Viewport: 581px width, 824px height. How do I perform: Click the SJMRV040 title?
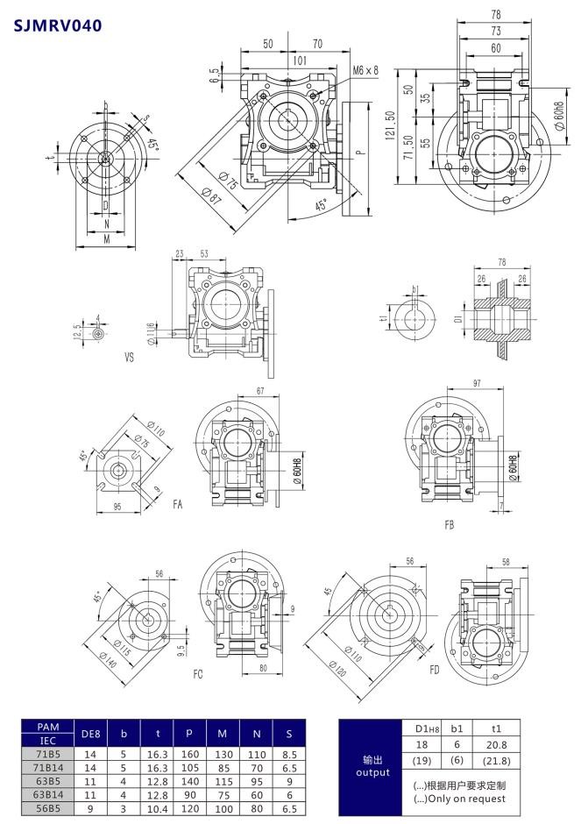[x=58, y=25]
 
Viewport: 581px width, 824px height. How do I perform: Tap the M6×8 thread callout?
[x=365, y=69]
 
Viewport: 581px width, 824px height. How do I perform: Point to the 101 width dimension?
[x=299, y=60]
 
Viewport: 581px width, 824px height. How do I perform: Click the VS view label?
[x=131, y=358]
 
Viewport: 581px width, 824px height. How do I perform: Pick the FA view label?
[x=178, y=504]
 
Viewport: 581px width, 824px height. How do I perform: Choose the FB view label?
[x=450, y=524]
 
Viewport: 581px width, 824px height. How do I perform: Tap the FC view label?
[x=199, y=674]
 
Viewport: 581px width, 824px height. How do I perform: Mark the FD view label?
[x=434, y=670]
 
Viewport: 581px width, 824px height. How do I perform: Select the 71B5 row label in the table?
[x=48, y=752]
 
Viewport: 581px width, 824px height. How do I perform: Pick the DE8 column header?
[x=89, y=733]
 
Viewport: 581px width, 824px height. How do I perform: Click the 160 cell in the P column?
[x=191, y=752]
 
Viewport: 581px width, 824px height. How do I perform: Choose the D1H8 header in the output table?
[x=420, y=728]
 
